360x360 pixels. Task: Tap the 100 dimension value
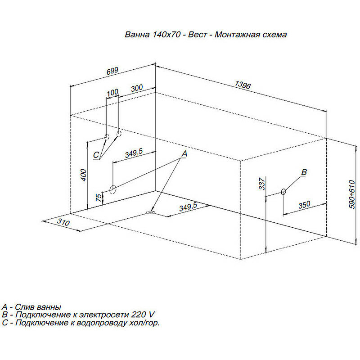coord(112,92)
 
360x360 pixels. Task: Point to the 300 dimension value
coord(137,88)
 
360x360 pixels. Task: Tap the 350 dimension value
coord(304,204)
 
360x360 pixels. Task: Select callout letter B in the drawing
coord(304,172)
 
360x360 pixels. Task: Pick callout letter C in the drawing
coord(96,155)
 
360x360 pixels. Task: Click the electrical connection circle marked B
coord(283,192)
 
